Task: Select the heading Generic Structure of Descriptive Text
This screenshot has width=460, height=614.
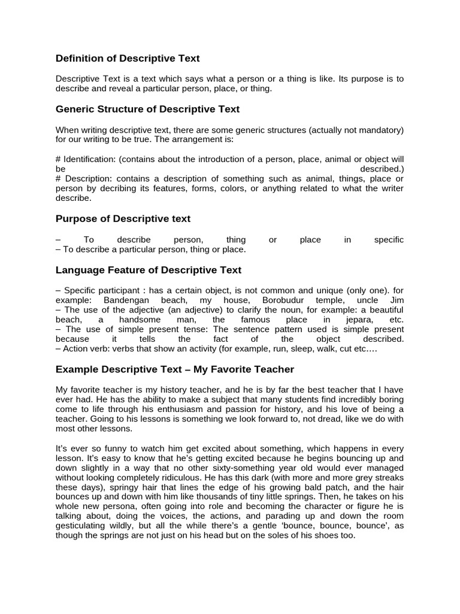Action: (x=147, y=109)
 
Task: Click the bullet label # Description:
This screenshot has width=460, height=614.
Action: (x=84, y=179)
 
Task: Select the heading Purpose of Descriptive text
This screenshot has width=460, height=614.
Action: (x=123, y=219)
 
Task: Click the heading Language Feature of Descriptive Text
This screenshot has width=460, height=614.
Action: (x=149, y=270)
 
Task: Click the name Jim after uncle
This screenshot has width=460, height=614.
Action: (x=396, y=299)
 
